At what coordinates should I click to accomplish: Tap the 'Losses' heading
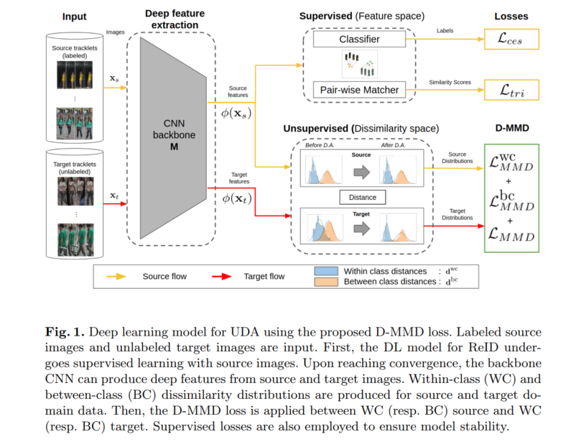(x=511, y=15)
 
